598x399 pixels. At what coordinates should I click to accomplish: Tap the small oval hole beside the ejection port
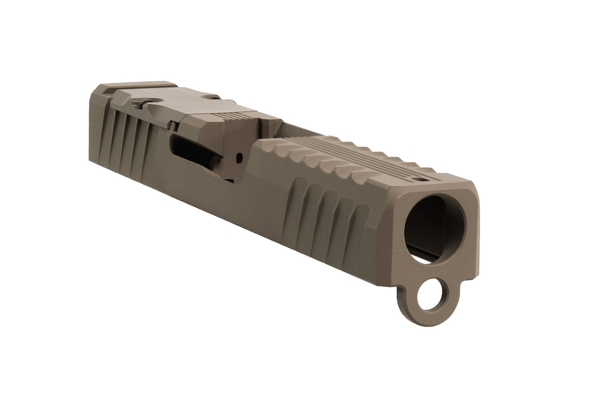[240, 157]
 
